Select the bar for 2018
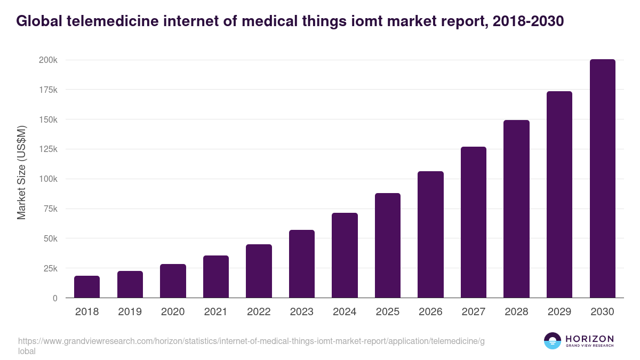87,287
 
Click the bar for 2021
216,277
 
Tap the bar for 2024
345,255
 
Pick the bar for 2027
474,222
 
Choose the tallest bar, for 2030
602,179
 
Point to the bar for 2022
259,271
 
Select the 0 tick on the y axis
55,298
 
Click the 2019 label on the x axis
130,312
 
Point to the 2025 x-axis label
388,312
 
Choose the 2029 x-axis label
559,312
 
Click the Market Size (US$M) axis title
21,172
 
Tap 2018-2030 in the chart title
525,22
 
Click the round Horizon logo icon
553,341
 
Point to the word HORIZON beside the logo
589,339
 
